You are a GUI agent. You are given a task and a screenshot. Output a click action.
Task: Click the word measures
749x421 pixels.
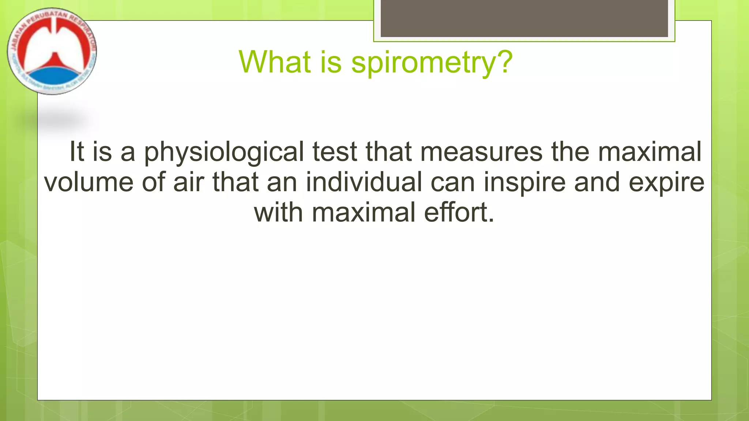pos(481,152)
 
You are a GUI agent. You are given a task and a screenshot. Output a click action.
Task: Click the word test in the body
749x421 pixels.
pos(334,152)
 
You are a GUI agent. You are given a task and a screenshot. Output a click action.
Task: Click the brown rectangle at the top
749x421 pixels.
pos(524,18)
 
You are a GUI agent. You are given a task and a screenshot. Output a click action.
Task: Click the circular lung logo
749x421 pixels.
pos(52,51)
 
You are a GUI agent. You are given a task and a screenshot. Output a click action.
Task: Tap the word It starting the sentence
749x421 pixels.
pos(77,152)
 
